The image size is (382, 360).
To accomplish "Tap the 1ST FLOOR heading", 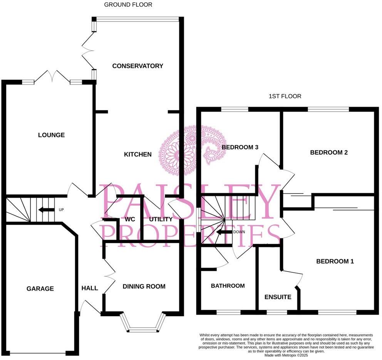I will click(x=285, y=96).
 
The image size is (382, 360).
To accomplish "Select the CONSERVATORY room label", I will click(x=137, y=66).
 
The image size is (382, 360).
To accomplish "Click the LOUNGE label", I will click(x=51, y=135).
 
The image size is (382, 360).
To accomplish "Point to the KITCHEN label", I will click(x=137, y=154).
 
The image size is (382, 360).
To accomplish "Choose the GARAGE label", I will click(x=40, y=288).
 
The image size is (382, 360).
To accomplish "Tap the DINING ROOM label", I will click(x=144, y=286).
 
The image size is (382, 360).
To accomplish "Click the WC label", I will click(x=129, y=219).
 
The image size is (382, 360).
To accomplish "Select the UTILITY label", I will click(x=161, y=219).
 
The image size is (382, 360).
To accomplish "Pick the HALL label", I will click(x=89, y=288).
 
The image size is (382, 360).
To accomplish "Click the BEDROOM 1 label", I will click(x=335, y=261).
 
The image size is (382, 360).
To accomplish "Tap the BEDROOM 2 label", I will click(x=329, y=152).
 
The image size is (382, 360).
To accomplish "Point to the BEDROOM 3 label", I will click(x=240, y=147).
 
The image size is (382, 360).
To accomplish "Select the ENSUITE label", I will click(x=278, y=297).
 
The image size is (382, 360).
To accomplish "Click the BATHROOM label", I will click(x=228, y=286).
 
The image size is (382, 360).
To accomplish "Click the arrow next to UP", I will click(x=46, y=210).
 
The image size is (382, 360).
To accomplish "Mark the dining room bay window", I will click(x=143, y=324).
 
